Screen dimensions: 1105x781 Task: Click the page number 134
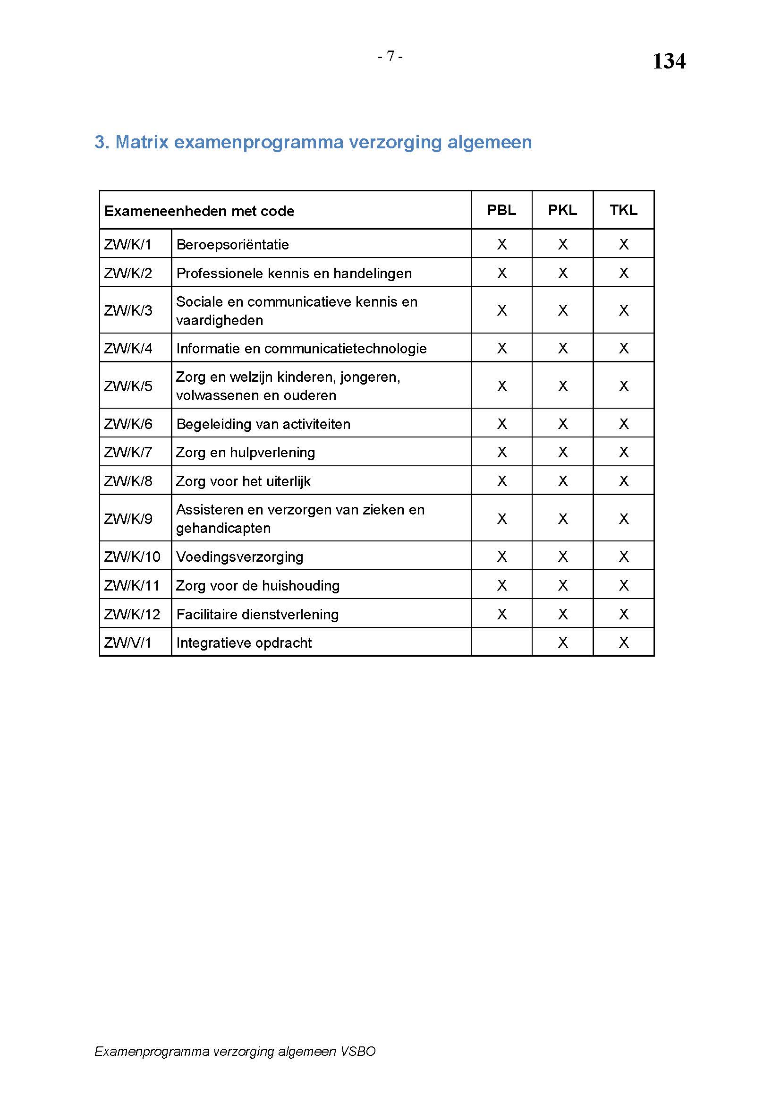[669, 61]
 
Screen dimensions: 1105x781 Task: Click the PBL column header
[501, 210]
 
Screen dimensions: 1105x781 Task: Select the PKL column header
[562, 210]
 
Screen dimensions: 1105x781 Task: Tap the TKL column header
[623, 210]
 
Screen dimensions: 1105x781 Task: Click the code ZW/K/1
[127, 245]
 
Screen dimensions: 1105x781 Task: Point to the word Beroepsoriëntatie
[232, 245]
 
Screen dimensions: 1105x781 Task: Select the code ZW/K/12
[132, 614]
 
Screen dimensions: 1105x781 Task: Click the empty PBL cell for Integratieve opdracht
[501, 642]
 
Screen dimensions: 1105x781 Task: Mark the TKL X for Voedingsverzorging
[623, 557]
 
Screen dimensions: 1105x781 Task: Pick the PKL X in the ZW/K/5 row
[562, 386]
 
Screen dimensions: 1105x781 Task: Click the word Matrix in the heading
[142, 142]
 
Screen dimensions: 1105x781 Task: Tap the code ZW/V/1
[127, 643]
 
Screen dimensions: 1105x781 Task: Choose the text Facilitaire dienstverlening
[257, 614]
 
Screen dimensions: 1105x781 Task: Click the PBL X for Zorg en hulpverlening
[501, 453]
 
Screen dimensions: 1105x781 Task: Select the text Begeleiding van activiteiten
[263, 424]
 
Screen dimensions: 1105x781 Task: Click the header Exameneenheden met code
[199, 211]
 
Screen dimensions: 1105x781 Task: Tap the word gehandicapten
[223, 528]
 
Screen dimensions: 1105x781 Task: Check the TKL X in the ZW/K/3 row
[623, 310]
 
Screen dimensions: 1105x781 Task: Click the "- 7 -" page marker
[390, 57]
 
